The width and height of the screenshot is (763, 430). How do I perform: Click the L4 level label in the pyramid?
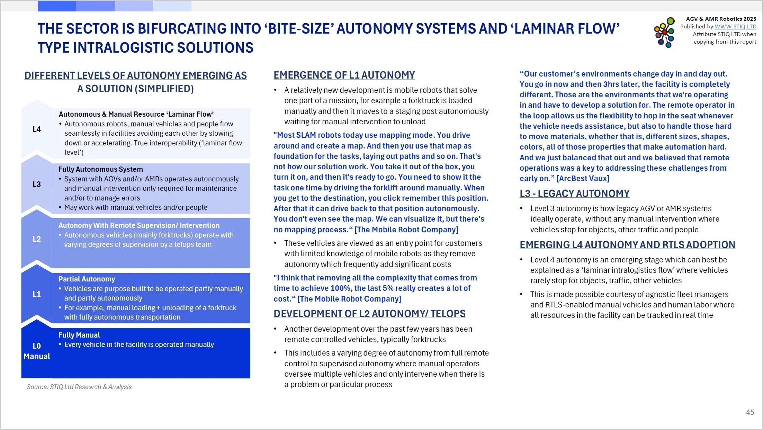pos(37,129)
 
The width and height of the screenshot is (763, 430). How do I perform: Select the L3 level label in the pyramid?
pos(37,184)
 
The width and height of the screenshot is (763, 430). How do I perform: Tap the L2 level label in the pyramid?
pos(37,239)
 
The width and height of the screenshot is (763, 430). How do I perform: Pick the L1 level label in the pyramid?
pos(37,294)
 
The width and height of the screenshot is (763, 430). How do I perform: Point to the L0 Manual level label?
pos(37,351)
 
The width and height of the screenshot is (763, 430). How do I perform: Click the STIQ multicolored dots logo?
pos(664,33)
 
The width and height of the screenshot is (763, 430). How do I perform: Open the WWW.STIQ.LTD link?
pos(735,26)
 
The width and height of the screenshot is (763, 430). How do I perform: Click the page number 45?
pos(750,412)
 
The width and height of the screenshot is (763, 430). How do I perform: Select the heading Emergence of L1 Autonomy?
pos(344,75)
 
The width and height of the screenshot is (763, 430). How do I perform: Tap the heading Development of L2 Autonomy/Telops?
pos(369,314)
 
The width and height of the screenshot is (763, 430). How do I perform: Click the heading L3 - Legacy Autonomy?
pos(574,194)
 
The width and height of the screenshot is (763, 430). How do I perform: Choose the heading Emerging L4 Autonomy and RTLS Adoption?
pos(627,245)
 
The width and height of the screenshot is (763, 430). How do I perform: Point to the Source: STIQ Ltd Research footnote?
pos(79,387)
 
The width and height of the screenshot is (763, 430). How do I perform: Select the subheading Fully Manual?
pos(79,335)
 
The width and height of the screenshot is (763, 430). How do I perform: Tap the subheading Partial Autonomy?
pos(87,279)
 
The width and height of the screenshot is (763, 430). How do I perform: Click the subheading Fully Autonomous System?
pos(101,169)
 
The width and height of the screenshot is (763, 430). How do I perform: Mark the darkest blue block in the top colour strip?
pos(57,6)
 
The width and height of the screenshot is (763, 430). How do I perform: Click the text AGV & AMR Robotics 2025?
pos(721,19)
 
